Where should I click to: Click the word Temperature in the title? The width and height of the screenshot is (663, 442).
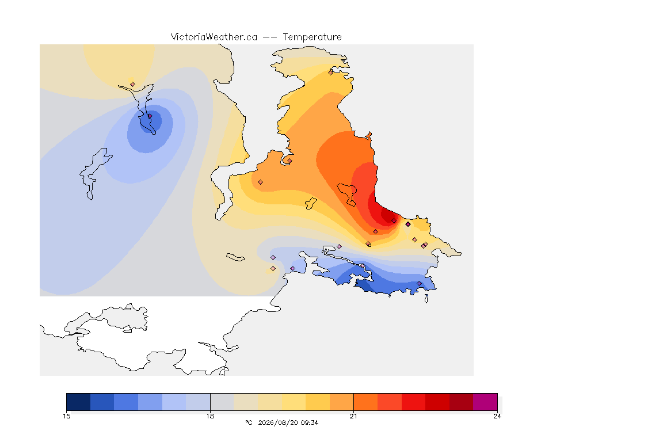pos(312,37)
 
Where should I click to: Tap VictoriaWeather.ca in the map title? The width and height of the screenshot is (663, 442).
pos(214,37)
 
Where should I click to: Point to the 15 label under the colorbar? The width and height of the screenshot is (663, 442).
pos(66,416)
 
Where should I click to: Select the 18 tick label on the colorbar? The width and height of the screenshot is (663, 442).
pos(210,416)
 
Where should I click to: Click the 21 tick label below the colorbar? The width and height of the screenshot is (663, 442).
pos(353,416)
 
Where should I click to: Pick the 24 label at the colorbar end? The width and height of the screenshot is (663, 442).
pos(497,416)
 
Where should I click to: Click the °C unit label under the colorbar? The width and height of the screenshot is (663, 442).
pos(249,422)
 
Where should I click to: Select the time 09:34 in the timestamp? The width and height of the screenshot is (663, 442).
pos(310,422)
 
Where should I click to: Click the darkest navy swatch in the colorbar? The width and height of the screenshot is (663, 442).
pos(78,402)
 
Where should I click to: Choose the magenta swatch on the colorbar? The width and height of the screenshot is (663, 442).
pos(485,402)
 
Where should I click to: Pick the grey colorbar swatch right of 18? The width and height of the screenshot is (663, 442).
pos(222,402)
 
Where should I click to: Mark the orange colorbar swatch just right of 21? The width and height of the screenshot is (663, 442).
pos(365,402)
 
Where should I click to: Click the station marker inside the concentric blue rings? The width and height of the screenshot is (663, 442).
pos(150,116)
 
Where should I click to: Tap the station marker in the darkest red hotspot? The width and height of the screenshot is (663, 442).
pos(394,221)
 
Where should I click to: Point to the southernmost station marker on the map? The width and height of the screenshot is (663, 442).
pos(419,283)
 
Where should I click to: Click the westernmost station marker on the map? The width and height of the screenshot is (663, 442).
pos(133,85)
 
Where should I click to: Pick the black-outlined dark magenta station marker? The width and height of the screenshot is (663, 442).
pos(408,224)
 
